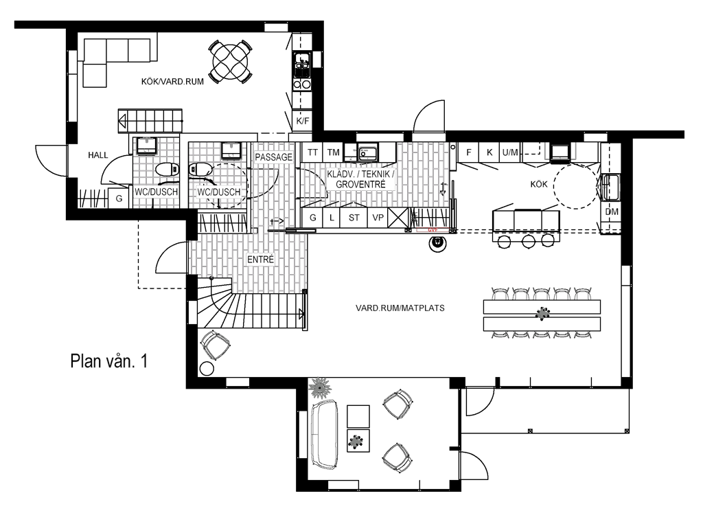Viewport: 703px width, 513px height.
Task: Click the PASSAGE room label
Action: pos(274,157)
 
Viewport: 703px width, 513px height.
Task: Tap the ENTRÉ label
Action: pos(261,260)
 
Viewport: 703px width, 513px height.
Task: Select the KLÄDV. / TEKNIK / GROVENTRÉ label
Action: pos(360,180)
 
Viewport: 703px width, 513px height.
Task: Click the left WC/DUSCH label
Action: pos(156,192)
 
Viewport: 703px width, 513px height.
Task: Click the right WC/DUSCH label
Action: pos(218,192)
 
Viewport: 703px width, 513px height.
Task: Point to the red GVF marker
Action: pos(433,230)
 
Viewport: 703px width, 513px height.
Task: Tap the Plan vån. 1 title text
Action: pos(109,362)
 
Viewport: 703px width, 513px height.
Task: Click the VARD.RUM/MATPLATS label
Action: pos(400,308)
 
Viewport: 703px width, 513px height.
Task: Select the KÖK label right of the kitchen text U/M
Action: pos(540,185)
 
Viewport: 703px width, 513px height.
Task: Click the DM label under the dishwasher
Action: pos(612,212)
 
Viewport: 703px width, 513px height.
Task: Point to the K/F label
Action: pos(303,121)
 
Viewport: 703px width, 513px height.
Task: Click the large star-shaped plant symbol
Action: pos(319,388)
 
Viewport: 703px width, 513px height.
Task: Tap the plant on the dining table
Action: pos(542,313)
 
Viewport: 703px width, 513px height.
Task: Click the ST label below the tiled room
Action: pos(354,218)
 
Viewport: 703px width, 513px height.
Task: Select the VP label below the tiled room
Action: pos(378,218)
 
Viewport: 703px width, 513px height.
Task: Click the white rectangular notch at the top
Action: pos(375,54)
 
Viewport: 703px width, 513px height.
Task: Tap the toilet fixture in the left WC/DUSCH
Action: pos(146,145)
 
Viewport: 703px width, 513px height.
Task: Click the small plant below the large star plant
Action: pos(356,441)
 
